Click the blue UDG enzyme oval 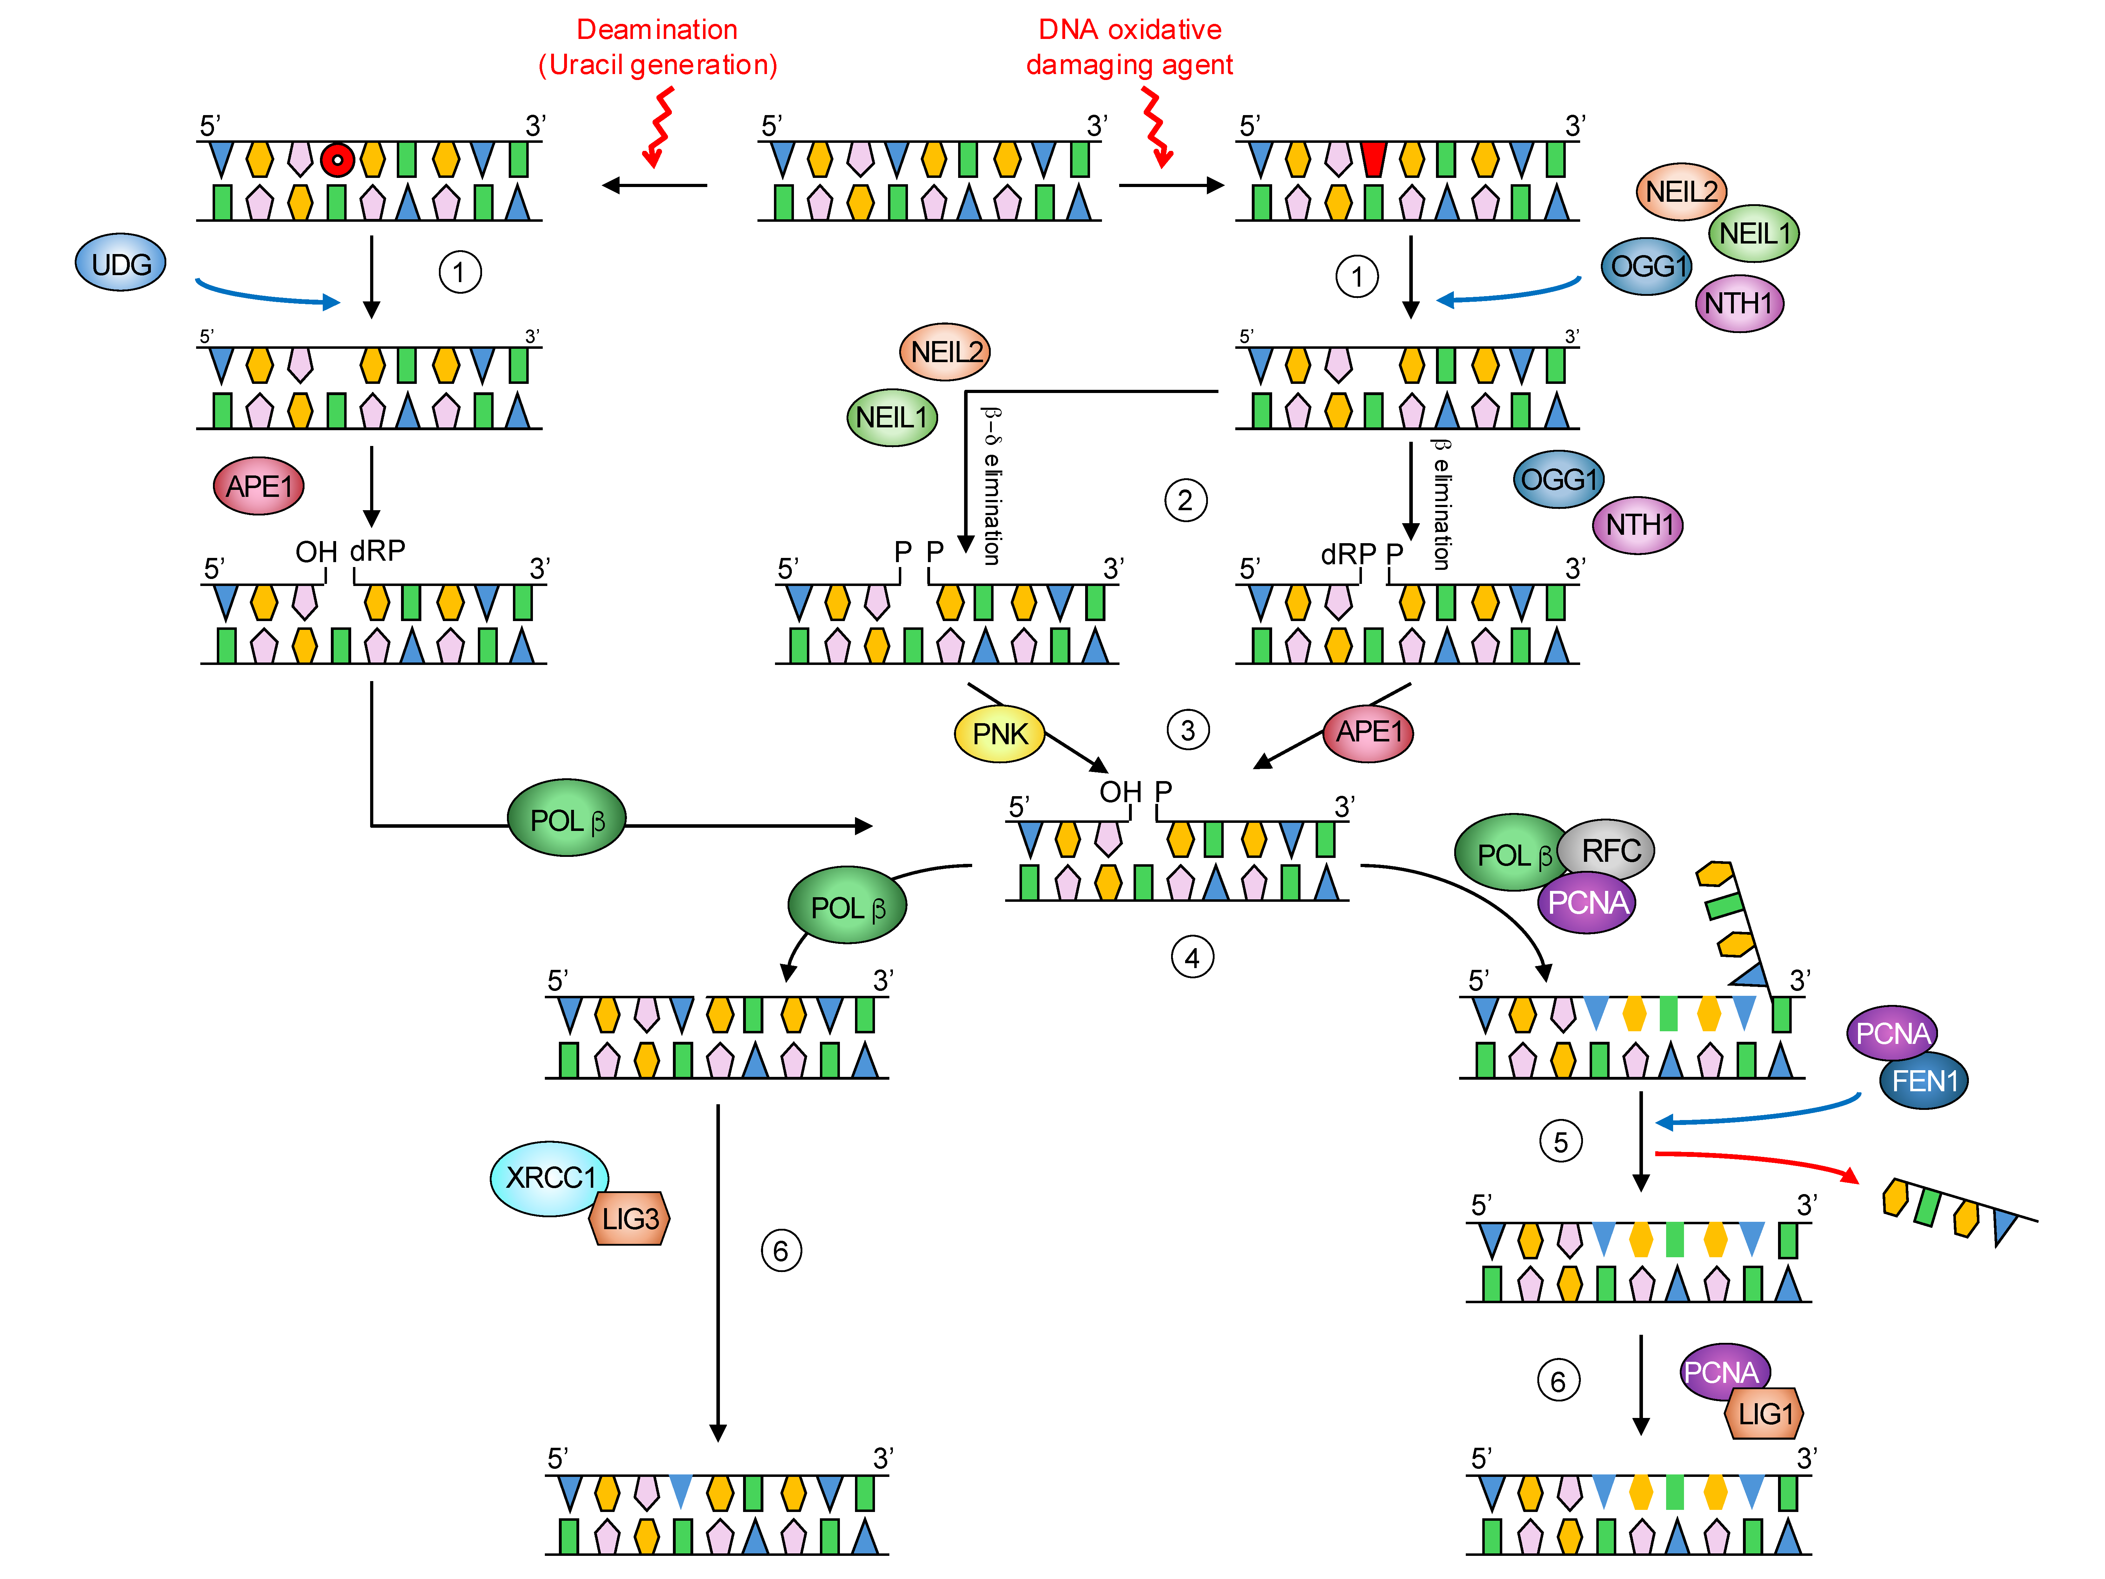tap(121, 264)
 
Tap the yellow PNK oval tap(999, 734)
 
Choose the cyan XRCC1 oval tap(549, 1178)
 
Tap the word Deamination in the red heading tap(657, 29)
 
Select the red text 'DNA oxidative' tap(1130, 29)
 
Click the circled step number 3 tap(1188, 730)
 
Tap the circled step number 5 tap(1561, 1142)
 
